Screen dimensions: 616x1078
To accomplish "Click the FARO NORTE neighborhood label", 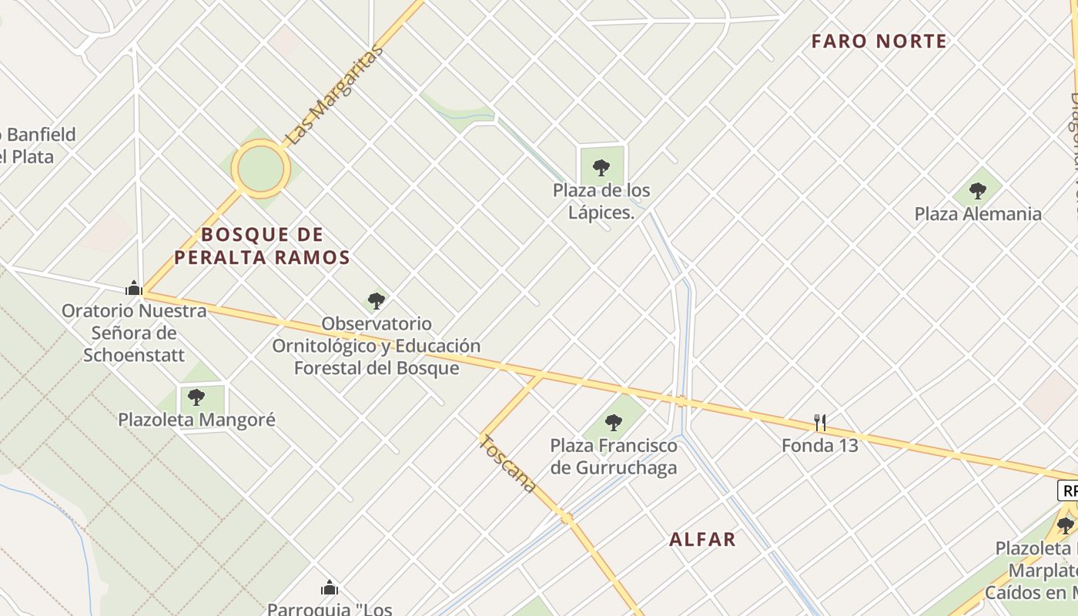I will [x=879, y=42].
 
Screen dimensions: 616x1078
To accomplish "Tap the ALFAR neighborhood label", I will [x=702, y=540].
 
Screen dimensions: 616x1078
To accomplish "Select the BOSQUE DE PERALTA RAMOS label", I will [x=262, y=246].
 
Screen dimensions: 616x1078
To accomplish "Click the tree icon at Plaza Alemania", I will [x=977, y=189].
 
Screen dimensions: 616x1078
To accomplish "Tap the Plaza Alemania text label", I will [x=977, y=214].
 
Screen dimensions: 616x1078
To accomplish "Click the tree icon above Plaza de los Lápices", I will [x=601, y=167].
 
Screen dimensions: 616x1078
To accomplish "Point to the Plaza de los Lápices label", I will [x=601, y=201].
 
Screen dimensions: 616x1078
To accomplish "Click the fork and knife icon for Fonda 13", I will [x=820, y=422].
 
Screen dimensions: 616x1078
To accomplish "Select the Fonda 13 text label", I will [x=820, y=445].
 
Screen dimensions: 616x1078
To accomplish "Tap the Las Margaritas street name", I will [x=334, y=95].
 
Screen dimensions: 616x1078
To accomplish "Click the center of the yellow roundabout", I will [x=260, y=169].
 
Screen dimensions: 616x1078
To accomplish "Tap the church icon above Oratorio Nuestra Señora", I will [x=134, y=288].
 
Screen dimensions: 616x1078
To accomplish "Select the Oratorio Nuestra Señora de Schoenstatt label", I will [x=134, y=333].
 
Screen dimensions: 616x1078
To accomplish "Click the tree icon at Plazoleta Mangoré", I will [x=196, y=397].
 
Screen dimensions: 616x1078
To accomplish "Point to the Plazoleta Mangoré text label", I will [x=196, y=420].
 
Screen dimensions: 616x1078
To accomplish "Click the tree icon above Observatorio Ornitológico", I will [x=377, y=300].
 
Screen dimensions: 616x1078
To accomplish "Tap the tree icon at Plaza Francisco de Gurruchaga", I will [x=614, y=422].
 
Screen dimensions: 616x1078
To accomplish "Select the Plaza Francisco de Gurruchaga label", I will [x=614, y=456].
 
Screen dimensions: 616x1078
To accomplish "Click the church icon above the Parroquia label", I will [x=330, y=588].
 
